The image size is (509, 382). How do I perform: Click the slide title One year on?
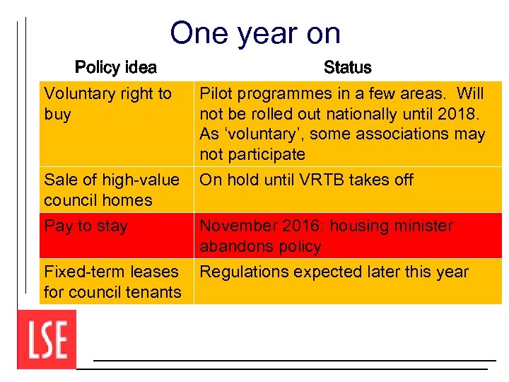click(255, 33)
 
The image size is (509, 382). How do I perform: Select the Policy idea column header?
click(116, 68)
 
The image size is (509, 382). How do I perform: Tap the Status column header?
click(347, 68)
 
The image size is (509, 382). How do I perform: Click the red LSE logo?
click(47, 340)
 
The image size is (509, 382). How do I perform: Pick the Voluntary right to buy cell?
click(107, 104)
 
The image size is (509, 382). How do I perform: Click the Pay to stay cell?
click(86, 226)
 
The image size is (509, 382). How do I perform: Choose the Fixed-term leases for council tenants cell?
click(112, 282)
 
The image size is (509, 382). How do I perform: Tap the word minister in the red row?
click(423, 226)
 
